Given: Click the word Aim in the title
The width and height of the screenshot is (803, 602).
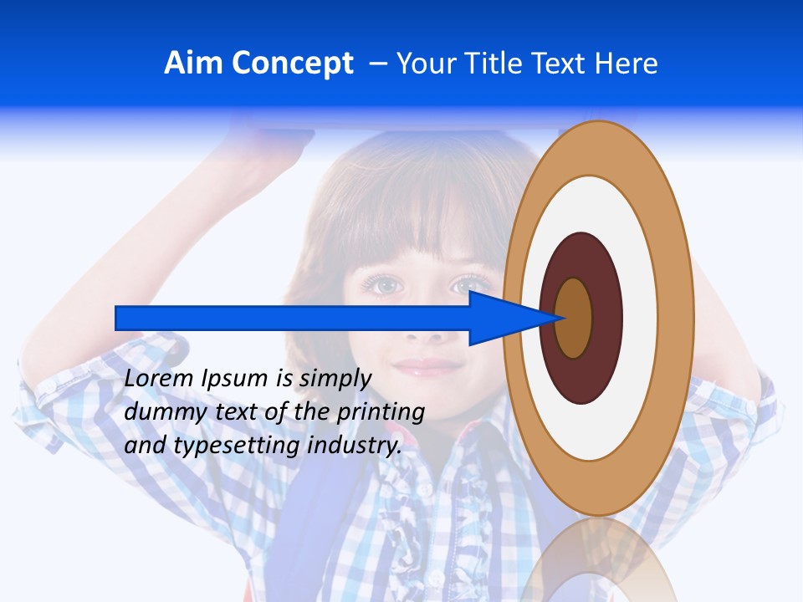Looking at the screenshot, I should pyautogui.click(x=194, y=64).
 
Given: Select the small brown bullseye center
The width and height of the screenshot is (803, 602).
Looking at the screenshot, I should pyautogui.click(x=574, y=318).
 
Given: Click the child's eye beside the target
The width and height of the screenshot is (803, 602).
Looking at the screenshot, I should pyautogui.click(x=473, y=286).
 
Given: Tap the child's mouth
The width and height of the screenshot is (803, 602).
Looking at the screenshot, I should pyautogui.click(x=428, y=366).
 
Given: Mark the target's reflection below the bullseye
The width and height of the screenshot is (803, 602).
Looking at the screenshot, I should pyautogui.click(x=599, y=560).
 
